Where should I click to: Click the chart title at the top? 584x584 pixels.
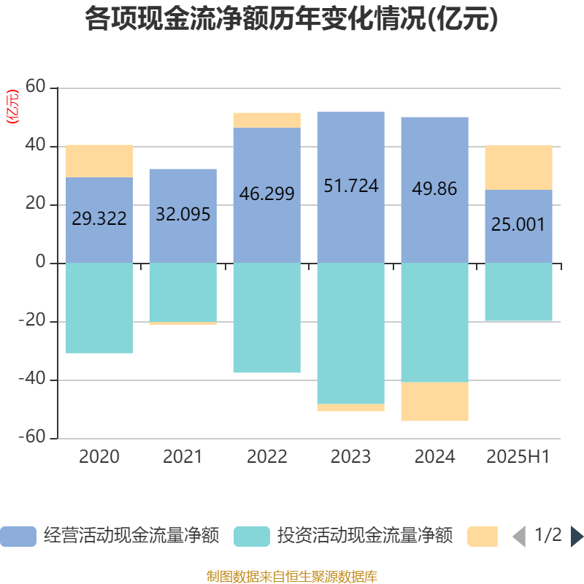(291, 19)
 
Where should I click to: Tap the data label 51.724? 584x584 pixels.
(351, 185)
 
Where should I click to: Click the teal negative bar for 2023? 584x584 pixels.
(351, 333)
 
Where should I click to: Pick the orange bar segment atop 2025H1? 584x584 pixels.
(518, 167)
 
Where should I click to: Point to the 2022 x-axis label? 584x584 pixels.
(267, 457)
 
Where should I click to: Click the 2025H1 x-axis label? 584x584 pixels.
(518, 457)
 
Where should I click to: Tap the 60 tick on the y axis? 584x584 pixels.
(36, 88)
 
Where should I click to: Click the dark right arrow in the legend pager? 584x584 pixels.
(577, 537)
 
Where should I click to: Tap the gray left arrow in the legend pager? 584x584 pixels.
(519, 537)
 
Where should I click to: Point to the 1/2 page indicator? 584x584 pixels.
(547, 535)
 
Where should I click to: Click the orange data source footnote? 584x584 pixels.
(291, 577)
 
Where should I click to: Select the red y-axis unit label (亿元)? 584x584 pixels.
(12, 107)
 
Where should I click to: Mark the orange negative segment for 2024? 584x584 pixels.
(434, 401)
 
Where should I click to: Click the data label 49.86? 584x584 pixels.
(434, 188)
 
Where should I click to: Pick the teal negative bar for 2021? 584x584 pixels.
(182, 292)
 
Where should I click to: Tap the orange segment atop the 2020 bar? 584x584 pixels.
(99, 161)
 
